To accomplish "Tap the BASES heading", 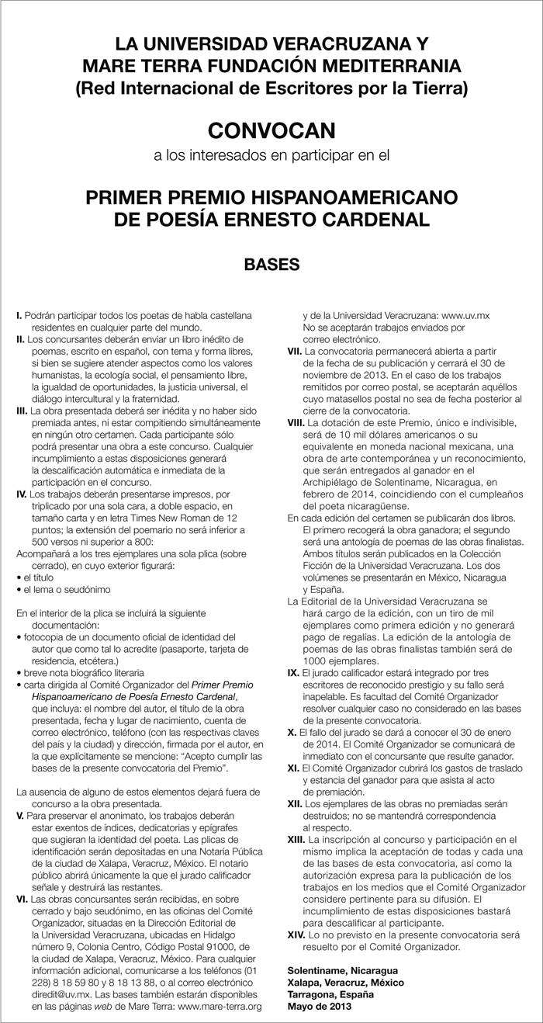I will pos(271,264).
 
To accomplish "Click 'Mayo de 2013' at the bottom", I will pos(318,1006).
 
